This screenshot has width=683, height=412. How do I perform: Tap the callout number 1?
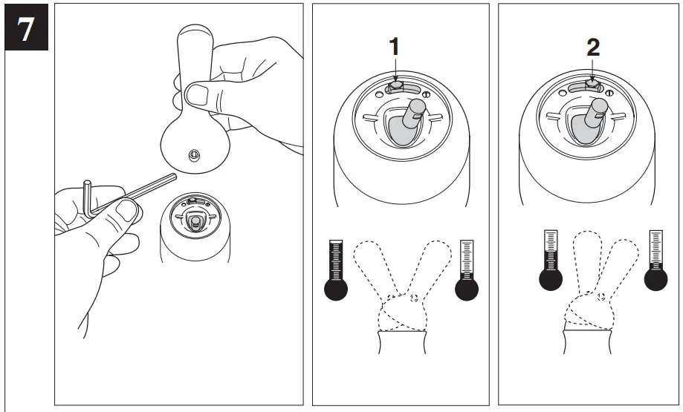coord(394,46)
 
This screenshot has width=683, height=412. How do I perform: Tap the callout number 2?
coord(592,46)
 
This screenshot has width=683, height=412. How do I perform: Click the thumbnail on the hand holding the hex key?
coord(128,212)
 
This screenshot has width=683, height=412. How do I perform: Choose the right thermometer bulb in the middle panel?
coord(467,288)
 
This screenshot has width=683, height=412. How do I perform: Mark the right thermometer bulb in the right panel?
coord(655,280)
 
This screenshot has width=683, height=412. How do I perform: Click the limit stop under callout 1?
coord(396,86)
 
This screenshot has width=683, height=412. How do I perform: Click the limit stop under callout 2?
coord(592,85)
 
